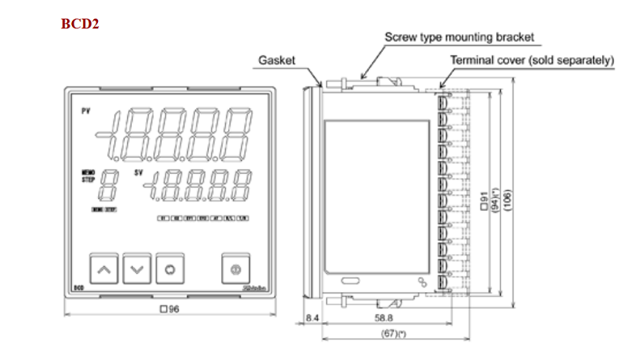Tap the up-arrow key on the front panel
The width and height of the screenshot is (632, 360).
coord(103,270)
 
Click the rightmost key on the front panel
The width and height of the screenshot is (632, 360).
coord(235,270)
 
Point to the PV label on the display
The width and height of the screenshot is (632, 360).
coord(85,112)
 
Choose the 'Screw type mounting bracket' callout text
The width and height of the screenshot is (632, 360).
coord(459,37)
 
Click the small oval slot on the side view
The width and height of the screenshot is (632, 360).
coord(350,279)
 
